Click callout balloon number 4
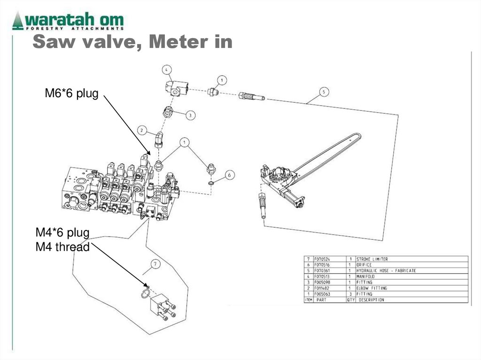[x=166, y=70]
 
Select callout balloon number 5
[x=324, y=92]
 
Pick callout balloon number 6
[x=229, y=175]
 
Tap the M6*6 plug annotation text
[x=71, y=94]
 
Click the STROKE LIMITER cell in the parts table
[x=372, y=259]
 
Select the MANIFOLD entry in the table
[x=365, y=276]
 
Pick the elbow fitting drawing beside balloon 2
[x=159, y=139]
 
